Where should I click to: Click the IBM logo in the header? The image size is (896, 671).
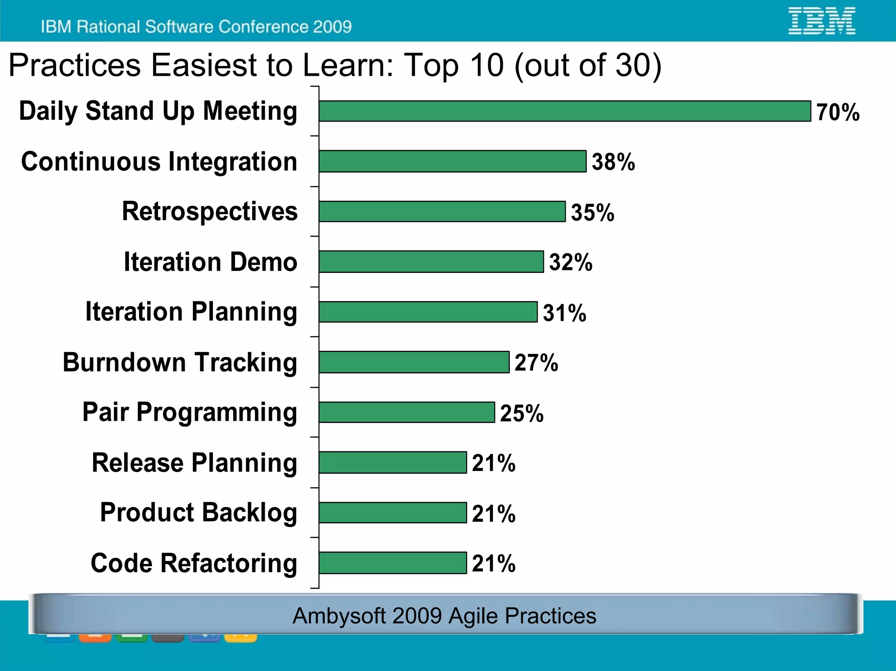pos(821,21)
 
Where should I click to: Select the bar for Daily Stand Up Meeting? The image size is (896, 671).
pos(564,111)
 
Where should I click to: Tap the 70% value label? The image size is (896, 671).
pos(837,112)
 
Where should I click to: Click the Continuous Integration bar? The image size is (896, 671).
pos(452,161)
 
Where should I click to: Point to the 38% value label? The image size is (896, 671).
pos(613,162)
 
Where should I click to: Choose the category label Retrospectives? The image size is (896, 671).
pos(210,211)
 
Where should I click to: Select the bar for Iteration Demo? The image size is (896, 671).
pos(431,262)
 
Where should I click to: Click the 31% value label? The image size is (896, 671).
pos(564,313)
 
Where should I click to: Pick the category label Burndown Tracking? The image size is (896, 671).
pos(180,362)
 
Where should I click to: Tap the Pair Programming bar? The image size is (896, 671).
pos(406,412)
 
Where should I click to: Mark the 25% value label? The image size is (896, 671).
pos(521,413)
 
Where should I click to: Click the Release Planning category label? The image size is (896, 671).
pos(194,463)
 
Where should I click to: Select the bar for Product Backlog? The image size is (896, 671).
pos(392,513)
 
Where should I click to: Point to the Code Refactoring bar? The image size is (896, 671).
pos(392,563)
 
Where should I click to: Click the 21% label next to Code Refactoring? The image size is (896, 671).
pos(493,563)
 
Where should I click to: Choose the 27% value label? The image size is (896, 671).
pos(536,363)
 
